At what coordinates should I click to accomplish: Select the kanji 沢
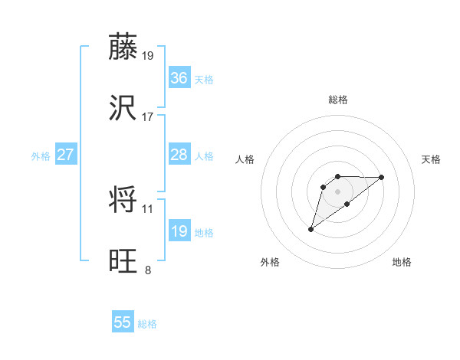point(123,108)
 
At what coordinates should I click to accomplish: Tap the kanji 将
point(123,201)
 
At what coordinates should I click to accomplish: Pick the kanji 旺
point(123,261)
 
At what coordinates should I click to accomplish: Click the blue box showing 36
point(179,78)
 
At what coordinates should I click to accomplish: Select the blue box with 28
point(179,155)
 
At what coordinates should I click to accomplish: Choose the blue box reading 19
point(179,231)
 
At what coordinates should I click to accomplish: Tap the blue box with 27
point(65,155)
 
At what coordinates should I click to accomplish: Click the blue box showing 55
point(123,322)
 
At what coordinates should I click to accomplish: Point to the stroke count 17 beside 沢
point(148,116)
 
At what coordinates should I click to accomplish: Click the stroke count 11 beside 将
point(148,208)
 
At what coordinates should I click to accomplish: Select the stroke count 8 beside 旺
point(148,270)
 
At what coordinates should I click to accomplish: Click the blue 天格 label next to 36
point(204,80)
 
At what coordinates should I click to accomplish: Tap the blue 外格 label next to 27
point(41,156)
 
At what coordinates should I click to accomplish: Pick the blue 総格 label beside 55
point(147,324)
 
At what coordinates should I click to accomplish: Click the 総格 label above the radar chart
point(338,100)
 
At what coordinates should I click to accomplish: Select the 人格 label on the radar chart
point(246,159)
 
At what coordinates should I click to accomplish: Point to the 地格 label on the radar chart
point(402,262)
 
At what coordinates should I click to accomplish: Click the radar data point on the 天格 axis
point(382,177)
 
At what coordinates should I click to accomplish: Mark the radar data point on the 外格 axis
point(311,228)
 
